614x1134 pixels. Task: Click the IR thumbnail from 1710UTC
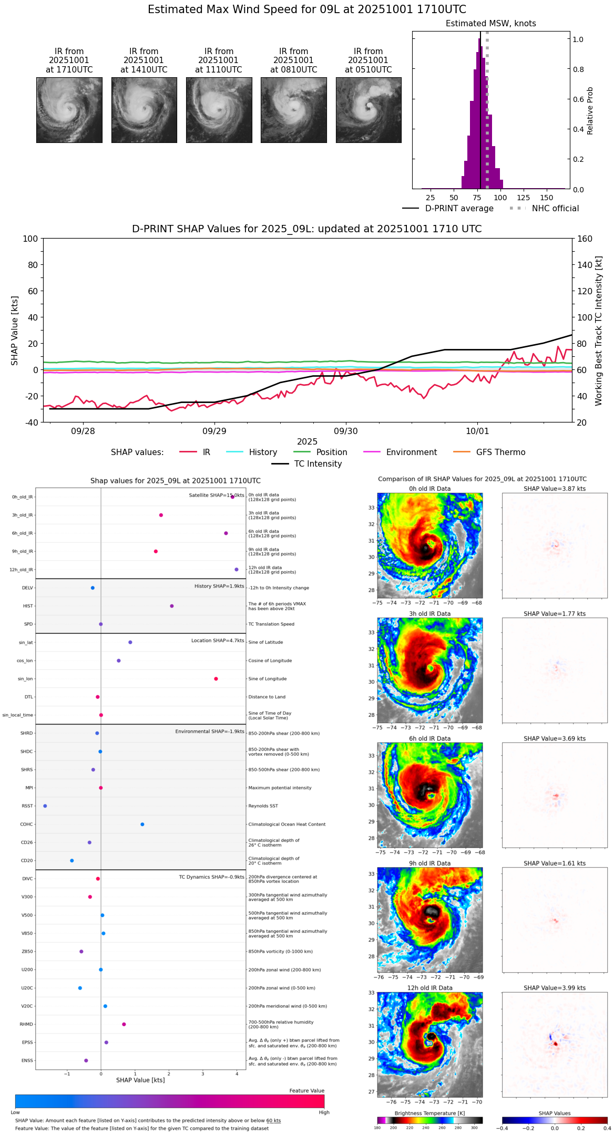69,110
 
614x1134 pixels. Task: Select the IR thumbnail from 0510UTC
369,110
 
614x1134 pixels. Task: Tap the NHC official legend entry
555,209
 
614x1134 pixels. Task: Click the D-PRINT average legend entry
459,209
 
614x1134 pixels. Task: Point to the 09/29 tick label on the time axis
214,431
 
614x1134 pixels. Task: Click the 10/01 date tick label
477,431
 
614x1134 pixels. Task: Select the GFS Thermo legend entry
500,452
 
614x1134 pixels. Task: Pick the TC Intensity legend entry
318,464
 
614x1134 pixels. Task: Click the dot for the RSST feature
45,806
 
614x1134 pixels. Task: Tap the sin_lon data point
216,679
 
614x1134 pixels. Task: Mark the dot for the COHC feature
142,824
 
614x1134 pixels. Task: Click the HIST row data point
172,606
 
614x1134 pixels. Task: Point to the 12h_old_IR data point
237,570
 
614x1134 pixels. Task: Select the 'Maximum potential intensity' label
280,788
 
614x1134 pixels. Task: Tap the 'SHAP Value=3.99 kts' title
555,988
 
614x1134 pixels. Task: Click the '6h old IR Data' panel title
429,738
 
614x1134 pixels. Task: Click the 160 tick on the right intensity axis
585,239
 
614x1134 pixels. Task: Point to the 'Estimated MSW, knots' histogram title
490,24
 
